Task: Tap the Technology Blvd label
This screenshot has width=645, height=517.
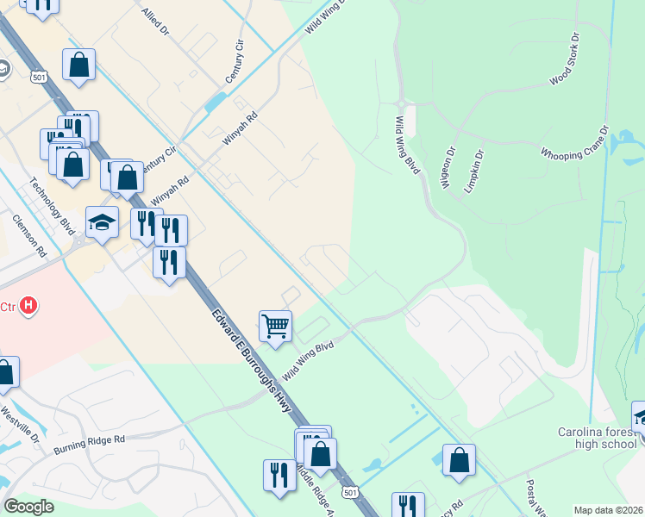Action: click(53, 205)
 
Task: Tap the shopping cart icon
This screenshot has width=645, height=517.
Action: click(275, 327)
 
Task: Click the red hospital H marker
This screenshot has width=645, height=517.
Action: click(29, 305)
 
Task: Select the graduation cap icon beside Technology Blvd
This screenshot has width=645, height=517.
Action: click(102, 222)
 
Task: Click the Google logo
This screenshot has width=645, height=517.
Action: click(29, 507)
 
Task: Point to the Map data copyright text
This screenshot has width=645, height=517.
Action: click(607, 509)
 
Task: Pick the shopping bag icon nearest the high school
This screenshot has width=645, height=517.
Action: click(459, 459)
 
